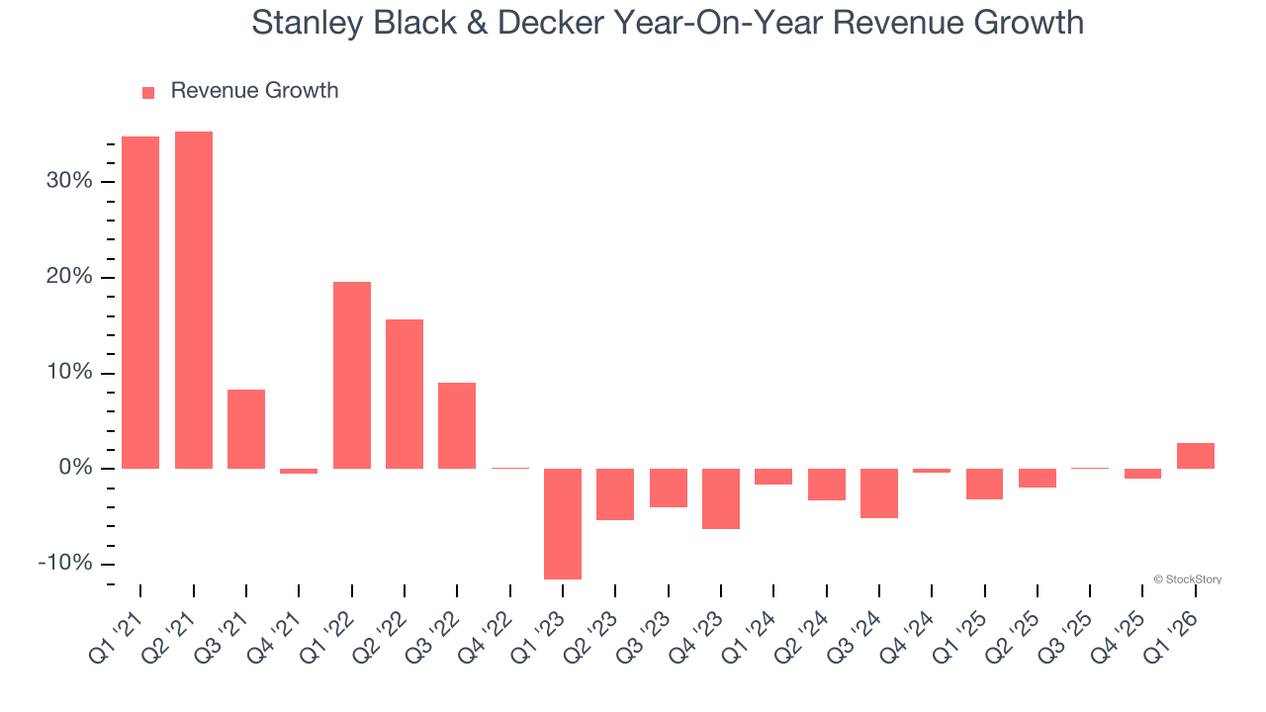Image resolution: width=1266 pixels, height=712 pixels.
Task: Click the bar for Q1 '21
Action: click(140, 302)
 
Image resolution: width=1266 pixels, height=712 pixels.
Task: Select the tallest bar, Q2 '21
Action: click(194, 300)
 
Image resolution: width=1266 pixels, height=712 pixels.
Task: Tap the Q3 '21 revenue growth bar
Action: click(246, 428)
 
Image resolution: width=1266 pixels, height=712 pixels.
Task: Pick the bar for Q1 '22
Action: click(352, 375)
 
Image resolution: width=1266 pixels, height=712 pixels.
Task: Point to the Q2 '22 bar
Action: click(405, 394)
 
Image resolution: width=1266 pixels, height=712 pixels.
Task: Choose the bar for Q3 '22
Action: click(457, 425)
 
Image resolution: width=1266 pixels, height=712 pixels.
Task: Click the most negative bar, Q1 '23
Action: click(563, 523)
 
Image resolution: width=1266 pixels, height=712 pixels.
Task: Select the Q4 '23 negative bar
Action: click(721, 498)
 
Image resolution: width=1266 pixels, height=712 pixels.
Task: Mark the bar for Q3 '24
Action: click(879, 492)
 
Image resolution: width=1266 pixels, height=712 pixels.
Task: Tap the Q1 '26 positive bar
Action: click(1196, 455)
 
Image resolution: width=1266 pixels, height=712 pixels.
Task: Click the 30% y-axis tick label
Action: click(68, 181)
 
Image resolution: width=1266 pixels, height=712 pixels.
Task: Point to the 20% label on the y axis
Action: click(68, 277)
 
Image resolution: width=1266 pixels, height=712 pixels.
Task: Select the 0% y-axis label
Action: click(74, 468)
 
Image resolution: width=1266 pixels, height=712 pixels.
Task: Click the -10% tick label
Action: click(65, 564)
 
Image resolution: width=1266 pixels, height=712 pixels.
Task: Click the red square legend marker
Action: click(148, 92)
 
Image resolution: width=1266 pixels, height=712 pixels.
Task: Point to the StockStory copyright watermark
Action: click(1187, 579)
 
